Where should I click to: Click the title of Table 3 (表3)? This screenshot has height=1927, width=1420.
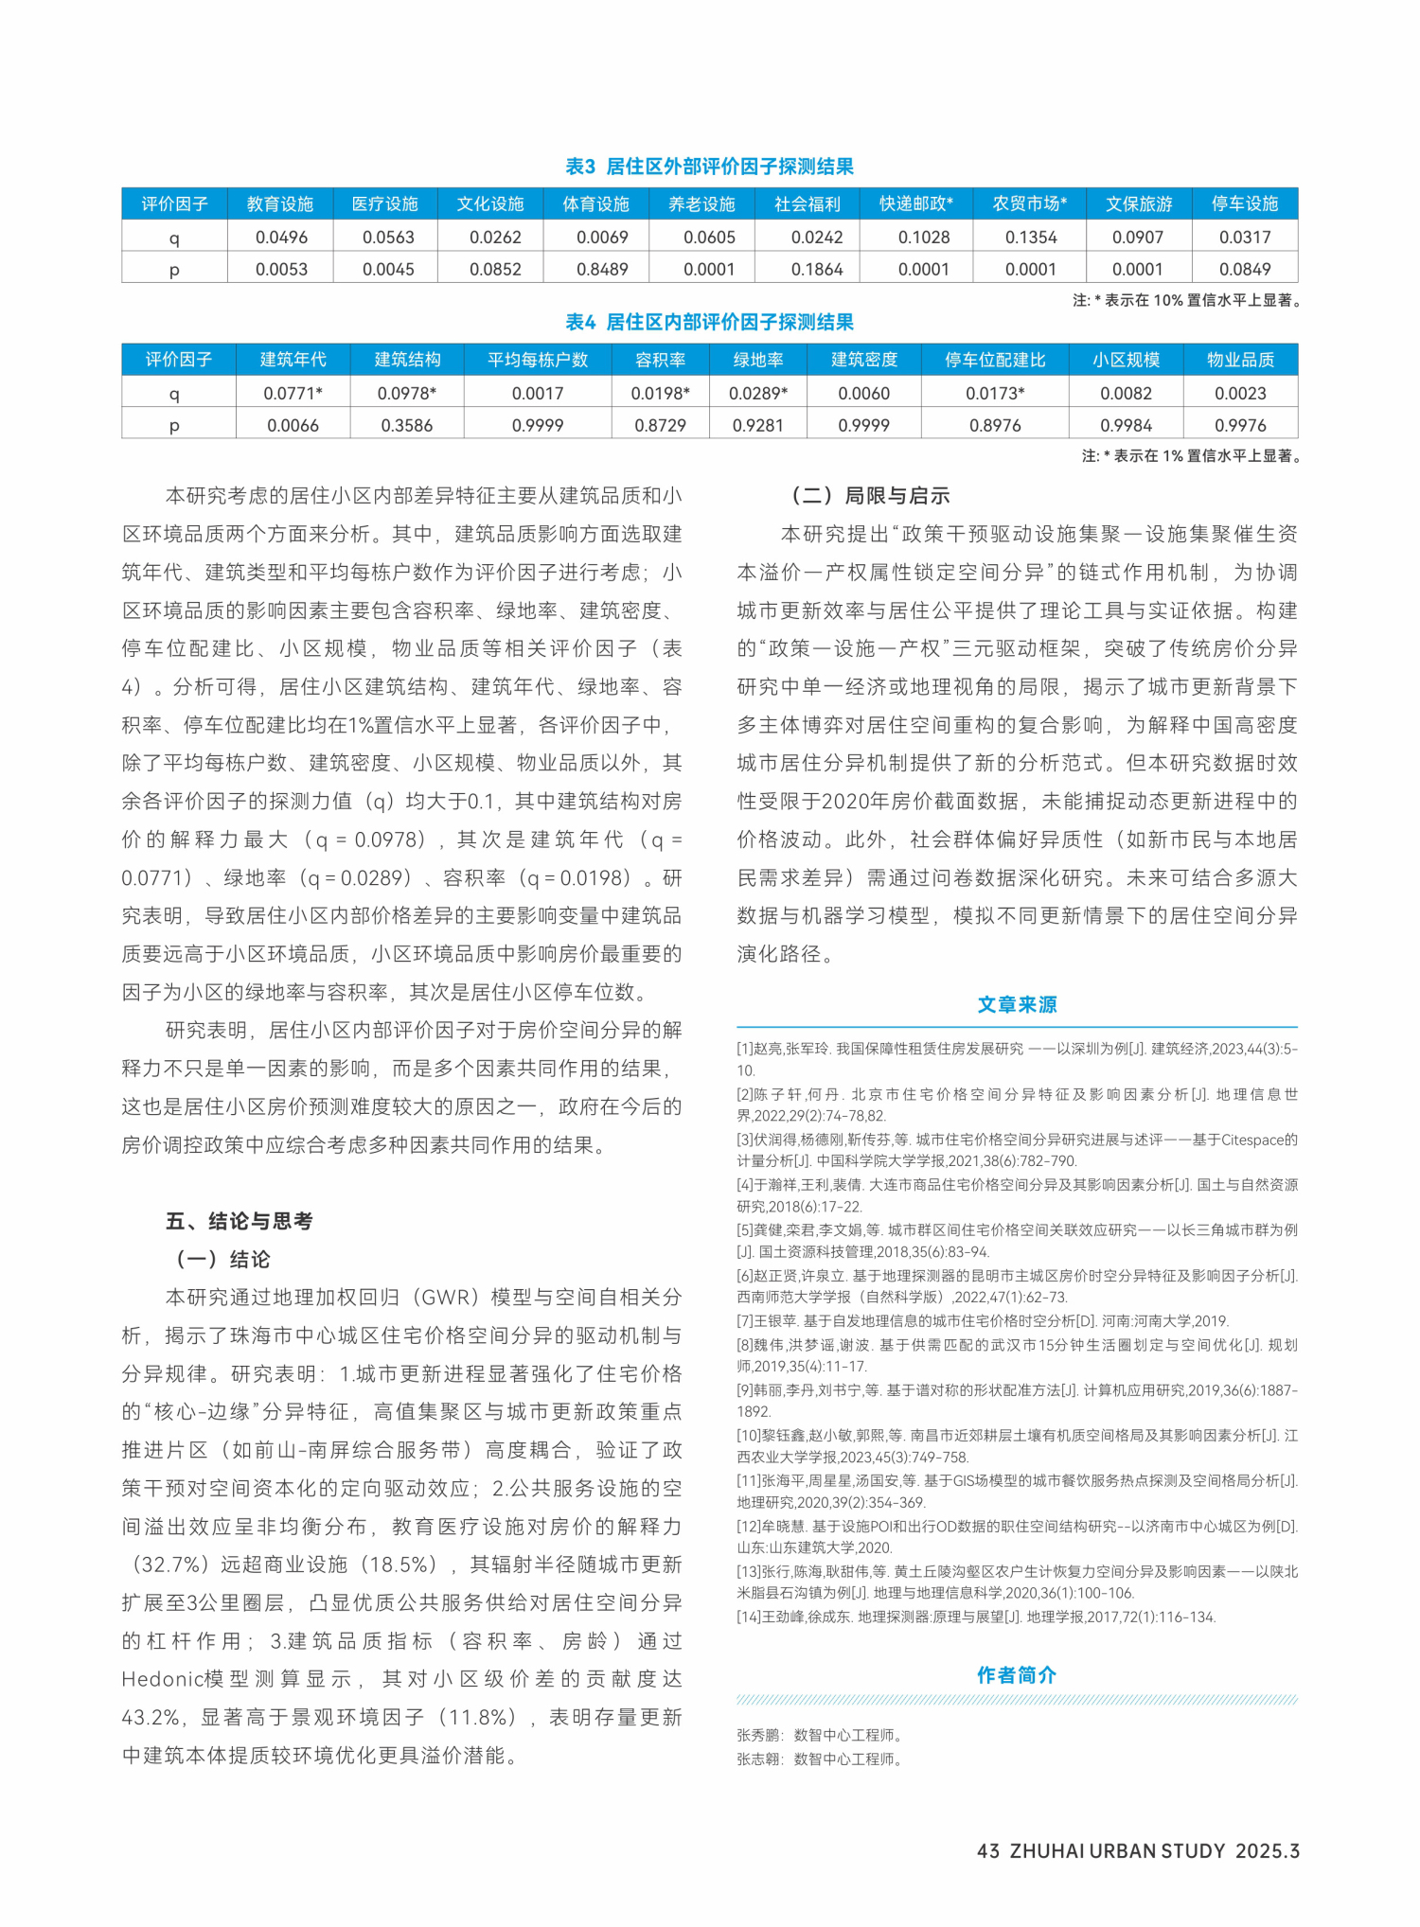(709, 167)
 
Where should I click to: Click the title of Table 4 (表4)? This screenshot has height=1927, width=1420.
(709, 323)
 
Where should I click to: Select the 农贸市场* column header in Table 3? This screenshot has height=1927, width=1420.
(1030, 203)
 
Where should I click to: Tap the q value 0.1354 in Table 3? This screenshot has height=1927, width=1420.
(1031, 238)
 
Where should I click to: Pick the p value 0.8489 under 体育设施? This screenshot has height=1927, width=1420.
(602, 270)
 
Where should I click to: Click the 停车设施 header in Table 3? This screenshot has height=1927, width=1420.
(1244, 203)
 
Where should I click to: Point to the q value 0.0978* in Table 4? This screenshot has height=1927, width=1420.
(407, 394)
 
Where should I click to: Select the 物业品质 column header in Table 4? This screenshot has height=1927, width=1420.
(1240, 360)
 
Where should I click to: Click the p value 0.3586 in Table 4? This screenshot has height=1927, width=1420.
(407, 426)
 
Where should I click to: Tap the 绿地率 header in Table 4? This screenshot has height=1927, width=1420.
(758, 360)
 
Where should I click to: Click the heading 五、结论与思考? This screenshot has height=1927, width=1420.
(240, 1221)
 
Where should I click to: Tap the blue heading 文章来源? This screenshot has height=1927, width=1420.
(1017, 1004)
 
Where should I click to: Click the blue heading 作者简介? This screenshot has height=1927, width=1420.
(1017, 1674)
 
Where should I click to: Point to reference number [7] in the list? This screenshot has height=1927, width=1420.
(746, 1321)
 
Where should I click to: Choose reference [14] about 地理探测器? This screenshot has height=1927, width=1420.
(975, 1617)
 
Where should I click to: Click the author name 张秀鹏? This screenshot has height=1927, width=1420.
(758, 1735)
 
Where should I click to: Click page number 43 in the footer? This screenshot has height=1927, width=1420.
(988, 1851)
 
